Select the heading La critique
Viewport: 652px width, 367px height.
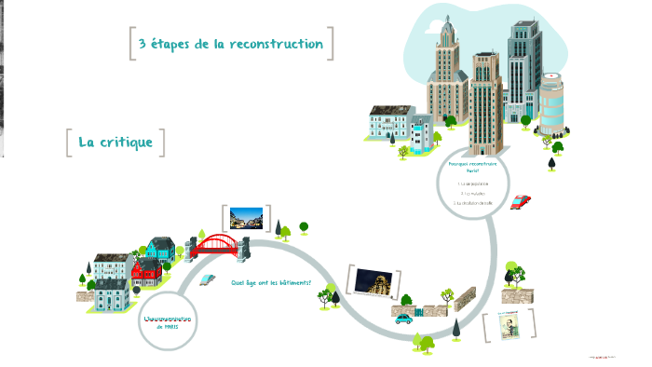tap(115, 143)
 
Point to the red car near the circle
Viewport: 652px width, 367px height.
tap(521, 201)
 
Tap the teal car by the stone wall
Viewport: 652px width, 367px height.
tap(403, 318)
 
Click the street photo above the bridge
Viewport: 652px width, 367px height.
tap(246, 218)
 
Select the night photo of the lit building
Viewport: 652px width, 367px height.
tap(375, 282)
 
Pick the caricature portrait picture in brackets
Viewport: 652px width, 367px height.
tap(509, 325)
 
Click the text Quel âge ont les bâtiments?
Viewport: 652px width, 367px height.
tap(272, 282)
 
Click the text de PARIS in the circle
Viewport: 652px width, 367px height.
tap(168, 328)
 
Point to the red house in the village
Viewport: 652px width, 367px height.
tap(146, 272)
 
